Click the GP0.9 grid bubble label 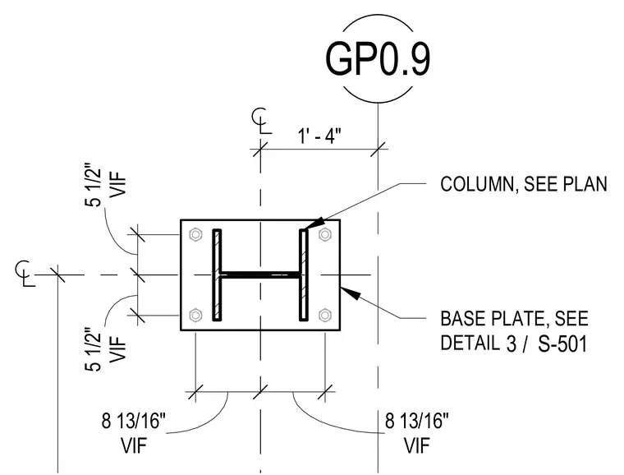point(378,58)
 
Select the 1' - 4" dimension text point(319,136)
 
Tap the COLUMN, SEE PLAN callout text point(524,184)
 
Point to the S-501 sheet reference point(562,344)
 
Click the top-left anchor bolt point(195,234)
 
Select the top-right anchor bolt point(325,234)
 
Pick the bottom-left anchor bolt point(195,316)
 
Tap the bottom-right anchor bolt point(325,316)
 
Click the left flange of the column point(217,274)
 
